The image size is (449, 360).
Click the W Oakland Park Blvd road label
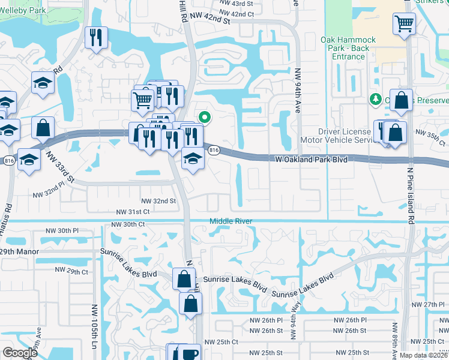[312, 160]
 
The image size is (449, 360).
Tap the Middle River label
[230, 221]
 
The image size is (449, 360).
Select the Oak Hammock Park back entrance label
[348, 49]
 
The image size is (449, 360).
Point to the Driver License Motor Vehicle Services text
[355, 136]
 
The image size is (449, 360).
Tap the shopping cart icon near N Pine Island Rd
[405, 25]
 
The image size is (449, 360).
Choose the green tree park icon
[376, 98]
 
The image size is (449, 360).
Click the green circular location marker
[205, 118]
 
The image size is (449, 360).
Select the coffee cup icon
[191, 353]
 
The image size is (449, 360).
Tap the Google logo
[20, 353]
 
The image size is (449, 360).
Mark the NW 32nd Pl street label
[49, 194]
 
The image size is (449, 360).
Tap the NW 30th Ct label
[128, 224]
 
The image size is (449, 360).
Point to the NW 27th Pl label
[428, 305]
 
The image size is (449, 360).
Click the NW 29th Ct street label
[73, 272]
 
